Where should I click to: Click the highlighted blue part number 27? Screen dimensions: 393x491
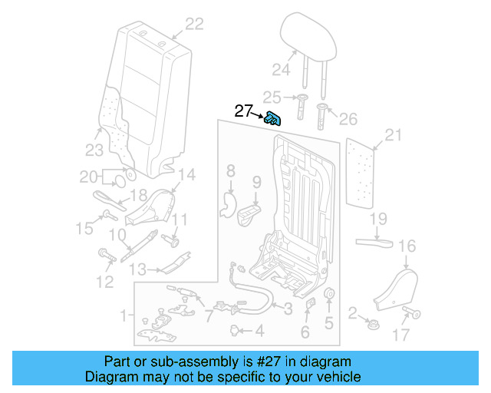[272, 118]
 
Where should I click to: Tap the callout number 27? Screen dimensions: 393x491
[243, 111]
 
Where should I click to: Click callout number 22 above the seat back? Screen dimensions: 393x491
[194, 25]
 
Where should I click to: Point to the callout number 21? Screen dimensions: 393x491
[393, 136]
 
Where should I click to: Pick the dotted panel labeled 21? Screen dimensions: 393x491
[364, 173]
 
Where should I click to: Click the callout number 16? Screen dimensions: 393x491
[407, 246]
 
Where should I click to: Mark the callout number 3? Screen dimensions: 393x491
[288, 309]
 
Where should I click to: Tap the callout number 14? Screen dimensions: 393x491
[187, 173]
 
